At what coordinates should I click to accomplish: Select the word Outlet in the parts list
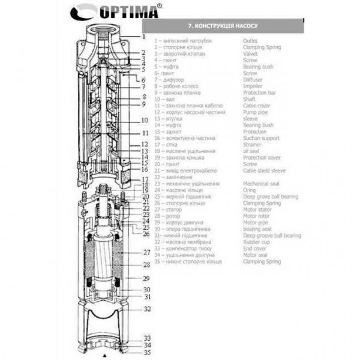tap(250, 40)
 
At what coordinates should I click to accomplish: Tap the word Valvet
tap(250, 53)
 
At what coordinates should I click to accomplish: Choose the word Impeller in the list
tap(252, 86)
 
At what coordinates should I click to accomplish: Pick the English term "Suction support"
tap(261, 138)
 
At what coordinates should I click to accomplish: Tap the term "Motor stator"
tap(257, 209)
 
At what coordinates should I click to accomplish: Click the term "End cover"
tap(255, 249)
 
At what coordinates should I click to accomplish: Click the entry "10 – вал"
tap(165, 99)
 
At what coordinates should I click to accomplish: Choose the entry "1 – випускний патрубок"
tap(183, 40)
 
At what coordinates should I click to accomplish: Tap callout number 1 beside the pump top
tap(144, 36)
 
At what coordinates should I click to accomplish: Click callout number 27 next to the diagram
tap(146, 253)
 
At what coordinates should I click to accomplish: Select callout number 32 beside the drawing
tap(146, 309)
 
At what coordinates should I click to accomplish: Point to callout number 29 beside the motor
tap(146, 279)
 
